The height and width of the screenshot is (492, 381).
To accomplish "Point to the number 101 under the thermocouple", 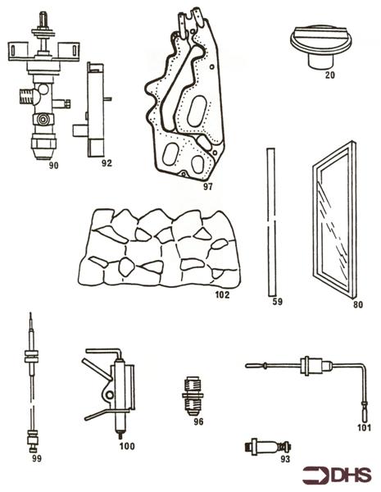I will coord(364,427).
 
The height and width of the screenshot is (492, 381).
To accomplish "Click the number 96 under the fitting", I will coord(197,421).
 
